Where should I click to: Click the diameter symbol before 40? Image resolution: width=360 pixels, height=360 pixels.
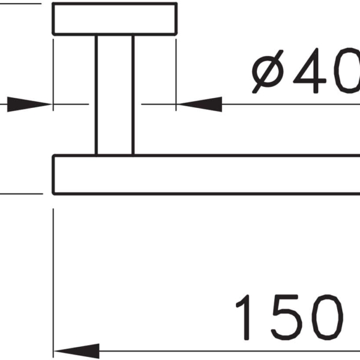(268, 71)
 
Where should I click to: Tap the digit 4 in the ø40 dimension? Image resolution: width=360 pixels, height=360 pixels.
(309, 71)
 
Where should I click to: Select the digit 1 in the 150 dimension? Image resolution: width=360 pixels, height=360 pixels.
(244, 317)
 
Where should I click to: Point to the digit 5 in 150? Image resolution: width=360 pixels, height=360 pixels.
(286, 317)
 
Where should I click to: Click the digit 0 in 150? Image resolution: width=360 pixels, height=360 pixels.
(328, 317)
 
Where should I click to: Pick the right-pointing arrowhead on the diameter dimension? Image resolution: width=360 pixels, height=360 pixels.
(29, 104)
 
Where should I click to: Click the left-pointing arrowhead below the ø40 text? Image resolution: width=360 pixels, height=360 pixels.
(200, 104)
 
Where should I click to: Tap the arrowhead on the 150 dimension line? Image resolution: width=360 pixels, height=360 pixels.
(77, 351)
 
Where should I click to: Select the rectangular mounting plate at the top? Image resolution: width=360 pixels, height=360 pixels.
(115, 19)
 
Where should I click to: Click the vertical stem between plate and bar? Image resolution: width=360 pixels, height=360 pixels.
(115, 95)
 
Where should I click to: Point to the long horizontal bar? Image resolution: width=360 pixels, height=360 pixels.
(206, 175)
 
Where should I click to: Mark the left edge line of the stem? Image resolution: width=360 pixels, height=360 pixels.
(96, 95)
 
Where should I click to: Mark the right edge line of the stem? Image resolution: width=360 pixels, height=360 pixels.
(133, 95)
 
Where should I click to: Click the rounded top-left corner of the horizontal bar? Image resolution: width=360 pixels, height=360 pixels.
(54, 156)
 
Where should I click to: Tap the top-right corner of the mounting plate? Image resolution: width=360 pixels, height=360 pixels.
(176, 4)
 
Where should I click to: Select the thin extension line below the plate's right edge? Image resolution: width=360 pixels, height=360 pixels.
(176, 75)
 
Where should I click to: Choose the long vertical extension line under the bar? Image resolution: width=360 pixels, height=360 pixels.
(53, 283)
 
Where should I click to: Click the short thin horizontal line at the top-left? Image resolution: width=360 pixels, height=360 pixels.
(20, 4)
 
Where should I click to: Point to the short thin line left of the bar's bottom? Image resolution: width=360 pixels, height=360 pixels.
(22, 194)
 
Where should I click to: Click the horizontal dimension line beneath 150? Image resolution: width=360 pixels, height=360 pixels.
(230, 351)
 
